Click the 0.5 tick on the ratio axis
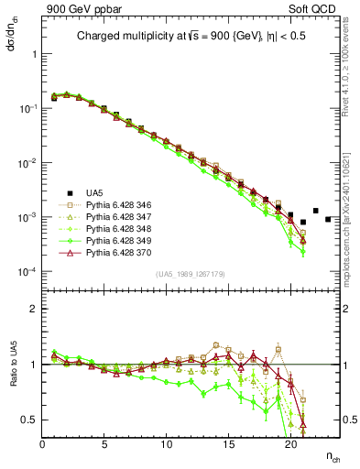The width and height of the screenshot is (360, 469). click(31, 420)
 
